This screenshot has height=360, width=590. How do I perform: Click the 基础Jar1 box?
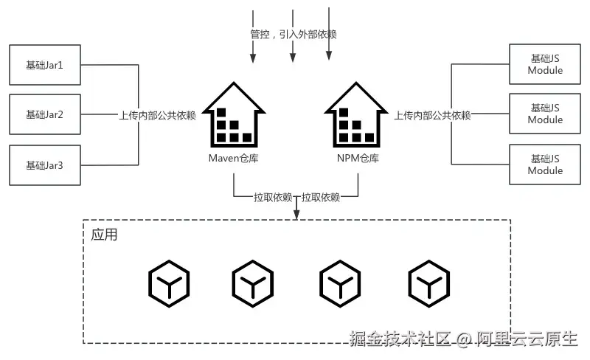pos(45,65)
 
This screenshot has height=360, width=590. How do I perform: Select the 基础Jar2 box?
pos(45,114)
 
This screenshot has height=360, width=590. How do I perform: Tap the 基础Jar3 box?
pos(45,165)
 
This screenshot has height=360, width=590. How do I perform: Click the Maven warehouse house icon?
pos(233,114)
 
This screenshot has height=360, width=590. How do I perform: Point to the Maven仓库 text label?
pos(233,159)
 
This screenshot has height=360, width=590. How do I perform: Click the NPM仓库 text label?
pos(356,159)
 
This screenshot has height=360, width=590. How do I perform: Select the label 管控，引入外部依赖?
pos(294,35)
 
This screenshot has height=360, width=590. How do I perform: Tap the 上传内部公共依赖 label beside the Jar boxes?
pos(157,115)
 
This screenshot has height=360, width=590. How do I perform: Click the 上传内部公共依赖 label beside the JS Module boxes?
pos(432,115)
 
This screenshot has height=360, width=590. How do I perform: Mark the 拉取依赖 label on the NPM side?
pos(321,197)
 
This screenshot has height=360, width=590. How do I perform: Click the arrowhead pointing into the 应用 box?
pos(296,215)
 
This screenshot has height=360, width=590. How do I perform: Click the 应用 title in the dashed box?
pos(104,235)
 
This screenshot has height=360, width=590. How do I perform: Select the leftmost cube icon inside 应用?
pos(169,283)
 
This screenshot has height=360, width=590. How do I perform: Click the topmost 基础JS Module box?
pos(545,64)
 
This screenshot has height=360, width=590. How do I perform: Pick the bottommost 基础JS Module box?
pos(545,165)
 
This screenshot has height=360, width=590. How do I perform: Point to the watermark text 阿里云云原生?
pos(527,339)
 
